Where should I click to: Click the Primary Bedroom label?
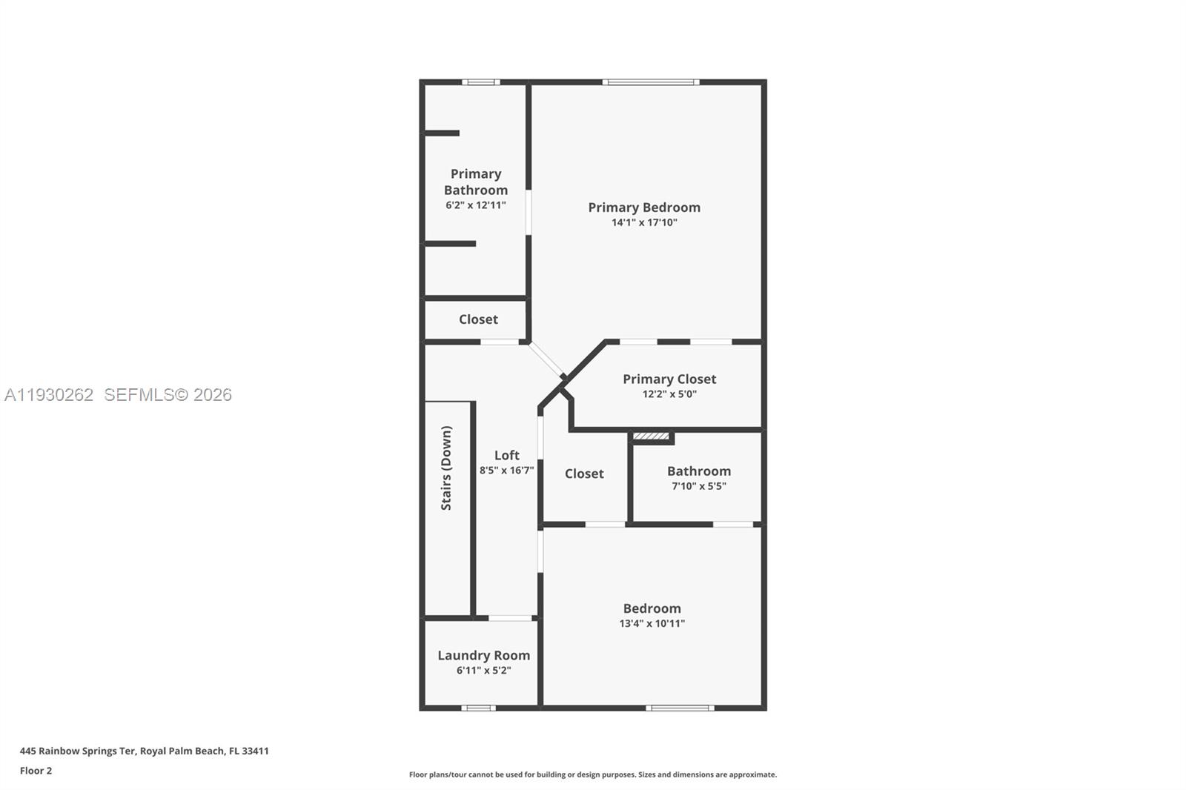click(x=643, y=208)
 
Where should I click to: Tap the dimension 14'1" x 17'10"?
click(x=643, y=222)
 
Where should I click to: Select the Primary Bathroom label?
click(x=475, y=182)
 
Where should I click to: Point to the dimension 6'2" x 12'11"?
click(x=475, y=205)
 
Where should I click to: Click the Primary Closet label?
click(x=669, y=379)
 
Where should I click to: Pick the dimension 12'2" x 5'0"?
click(x=669, y=394)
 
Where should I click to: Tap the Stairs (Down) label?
click(x=446, y=468)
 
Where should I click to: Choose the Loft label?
click(x=506, y=455)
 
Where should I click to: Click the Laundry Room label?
click(x=483, y=655)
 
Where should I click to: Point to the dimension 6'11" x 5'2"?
click(x=483, y=671)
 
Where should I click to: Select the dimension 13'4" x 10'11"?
click(x=652, y=623)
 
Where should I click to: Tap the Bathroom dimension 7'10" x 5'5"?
click(x=698, y=486)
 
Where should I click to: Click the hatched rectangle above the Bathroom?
click(x=651, y=437)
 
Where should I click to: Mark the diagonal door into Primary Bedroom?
click(x=547, y=359)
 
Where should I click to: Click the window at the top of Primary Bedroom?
click(x=650, y=82)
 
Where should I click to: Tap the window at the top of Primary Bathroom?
click(x=480, y=82)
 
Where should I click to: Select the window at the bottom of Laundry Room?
click(x=478, y=708)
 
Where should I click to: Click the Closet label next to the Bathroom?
click(x=583, y=474)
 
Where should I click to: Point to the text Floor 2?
click(x=36, y=771)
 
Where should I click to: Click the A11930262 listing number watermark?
click(x=49, y=395)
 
